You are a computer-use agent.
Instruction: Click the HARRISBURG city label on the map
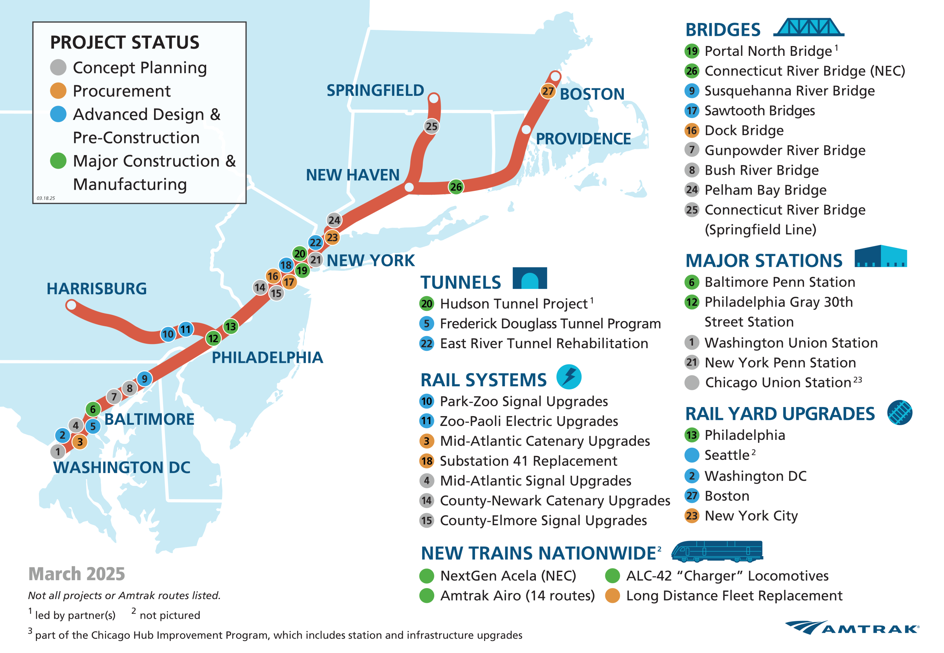[97, 289]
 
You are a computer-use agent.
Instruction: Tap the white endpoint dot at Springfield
[433, 98]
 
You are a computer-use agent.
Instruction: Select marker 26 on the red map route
[456, 187]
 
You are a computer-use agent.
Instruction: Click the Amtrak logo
[852, 628]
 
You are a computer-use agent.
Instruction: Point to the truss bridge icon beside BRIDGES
[808, 28]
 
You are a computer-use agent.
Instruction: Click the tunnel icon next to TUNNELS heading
[529, 278]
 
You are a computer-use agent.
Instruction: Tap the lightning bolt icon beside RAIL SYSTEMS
[569, 376]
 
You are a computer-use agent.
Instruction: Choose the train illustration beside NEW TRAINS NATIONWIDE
[717, 551]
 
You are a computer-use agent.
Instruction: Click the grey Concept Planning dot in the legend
[58, 68]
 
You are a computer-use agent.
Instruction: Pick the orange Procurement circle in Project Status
[58, 91]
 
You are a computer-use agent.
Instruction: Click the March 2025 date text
[77, 574]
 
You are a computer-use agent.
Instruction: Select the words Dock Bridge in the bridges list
[744, 131]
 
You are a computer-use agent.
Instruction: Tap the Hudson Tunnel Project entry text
[514, 304]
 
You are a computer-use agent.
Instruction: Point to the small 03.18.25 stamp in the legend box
[45, 198]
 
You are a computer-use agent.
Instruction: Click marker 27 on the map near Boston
[548, 91]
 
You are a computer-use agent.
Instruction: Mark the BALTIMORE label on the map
[149, 419]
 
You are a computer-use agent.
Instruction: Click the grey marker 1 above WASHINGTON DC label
[58, 452]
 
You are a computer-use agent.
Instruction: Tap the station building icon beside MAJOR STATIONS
[881, 257]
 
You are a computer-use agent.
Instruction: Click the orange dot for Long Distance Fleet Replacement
[612, 596]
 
